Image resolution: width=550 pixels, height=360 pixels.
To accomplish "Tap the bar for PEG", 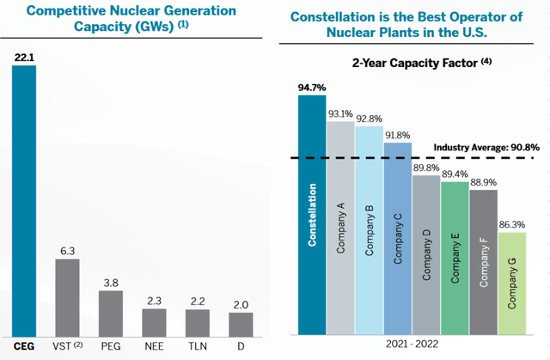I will pyautogui.click(x=111, y=313).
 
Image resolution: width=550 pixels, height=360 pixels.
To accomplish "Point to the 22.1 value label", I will pyautogui.click(x=24, y=57).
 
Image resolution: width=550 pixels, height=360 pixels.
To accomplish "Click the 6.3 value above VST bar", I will pyautogui.click(x=68, y=250).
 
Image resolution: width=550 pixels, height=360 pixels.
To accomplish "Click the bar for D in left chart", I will pyautogui.click(x=241, y=324).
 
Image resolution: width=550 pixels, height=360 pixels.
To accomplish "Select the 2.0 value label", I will pyautogui.click(x=241, y=304).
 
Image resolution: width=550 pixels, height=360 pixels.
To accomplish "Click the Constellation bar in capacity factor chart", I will pyautogui.click(x=312, y=215).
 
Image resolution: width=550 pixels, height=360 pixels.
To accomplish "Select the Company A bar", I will pyautogui.click(x=340, y=228).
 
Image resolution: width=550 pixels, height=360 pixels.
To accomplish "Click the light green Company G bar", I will pyautogui.click(x=510, y=284).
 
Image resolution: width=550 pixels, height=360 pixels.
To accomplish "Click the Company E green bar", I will pyautogui.click(x=454, y=257).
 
